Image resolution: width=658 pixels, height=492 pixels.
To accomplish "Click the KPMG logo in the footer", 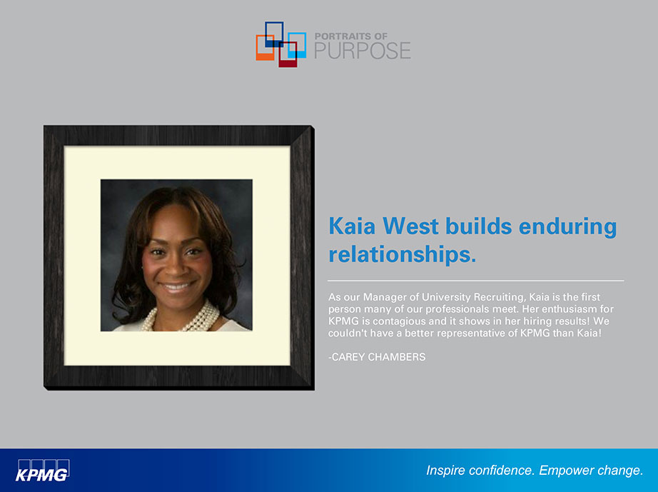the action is tap(43, 470).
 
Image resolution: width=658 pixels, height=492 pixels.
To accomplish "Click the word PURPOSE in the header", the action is tap(363, 51).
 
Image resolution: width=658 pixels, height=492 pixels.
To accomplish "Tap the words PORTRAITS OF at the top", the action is tap(351, 36).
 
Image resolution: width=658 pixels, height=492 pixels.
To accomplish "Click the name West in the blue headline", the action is tap(410, 226).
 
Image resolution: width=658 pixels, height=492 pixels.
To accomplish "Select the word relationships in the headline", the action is tap(402, 254).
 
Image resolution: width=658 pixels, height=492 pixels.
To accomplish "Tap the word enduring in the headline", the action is tap(568, 227).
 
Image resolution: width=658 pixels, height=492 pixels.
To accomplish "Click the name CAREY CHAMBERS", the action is tap(378, 357).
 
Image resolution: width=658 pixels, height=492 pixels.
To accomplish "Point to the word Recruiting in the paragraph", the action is tap(499, 297).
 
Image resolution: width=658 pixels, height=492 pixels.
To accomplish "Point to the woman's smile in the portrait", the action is tap(176, 287).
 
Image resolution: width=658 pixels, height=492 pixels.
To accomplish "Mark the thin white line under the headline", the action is tap(476, 281).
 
